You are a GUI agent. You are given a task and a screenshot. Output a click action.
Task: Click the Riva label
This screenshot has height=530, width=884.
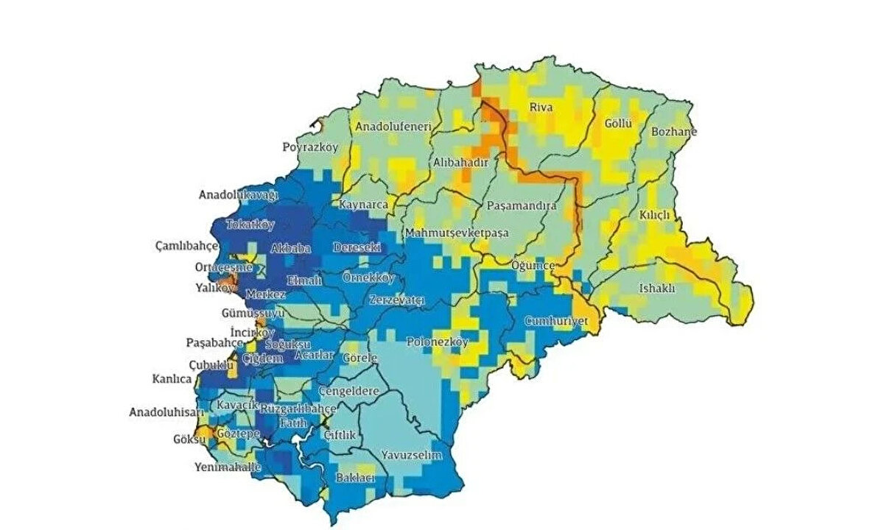pos(541,107)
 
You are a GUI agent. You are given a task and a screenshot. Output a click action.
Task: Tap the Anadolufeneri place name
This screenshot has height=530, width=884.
pos(393,127)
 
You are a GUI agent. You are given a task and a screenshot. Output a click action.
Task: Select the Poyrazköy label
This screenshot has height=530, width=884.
pos(310,147)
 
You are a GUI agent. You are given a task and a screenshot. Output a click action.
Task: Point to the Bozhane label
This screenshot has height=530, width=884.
pos(673,132)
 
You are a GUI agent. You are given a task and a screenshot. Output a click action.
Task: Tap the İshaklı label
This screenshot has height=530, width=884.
pos(657,288)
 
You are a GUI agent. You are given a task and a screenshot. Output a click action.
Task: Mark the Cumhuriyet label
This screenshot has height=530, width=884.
pos(556,322)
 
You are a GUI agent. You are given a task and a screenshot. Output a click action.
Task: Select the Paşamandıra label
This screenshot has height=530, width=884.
pos(522,206)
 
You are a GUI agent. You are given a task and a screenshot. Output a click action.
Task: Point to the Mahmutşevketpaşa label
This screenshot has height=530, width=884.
pos(457,233)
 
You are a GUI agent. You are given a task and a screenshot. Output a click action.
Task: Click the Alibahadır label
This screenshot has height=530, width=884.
pos(460,162)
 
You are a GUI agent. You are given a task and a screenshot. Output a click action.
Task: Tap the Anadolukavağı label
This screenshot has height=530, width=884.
pos(238,195)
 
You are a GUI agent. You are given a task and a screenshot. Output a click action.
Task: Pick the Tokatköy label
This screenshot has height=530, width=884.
pos(250,225)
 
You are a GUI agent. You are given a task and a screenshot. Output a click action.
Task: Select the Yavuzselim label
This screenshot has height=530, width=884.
pos(411,456)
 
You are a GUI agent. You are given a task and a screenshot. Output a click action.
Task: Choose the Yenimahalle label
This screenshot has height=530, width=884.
pos(228,467)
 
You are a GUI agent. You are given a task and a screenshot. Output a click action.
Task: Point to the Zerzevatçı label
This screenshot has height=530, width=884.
pos(398,300)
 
